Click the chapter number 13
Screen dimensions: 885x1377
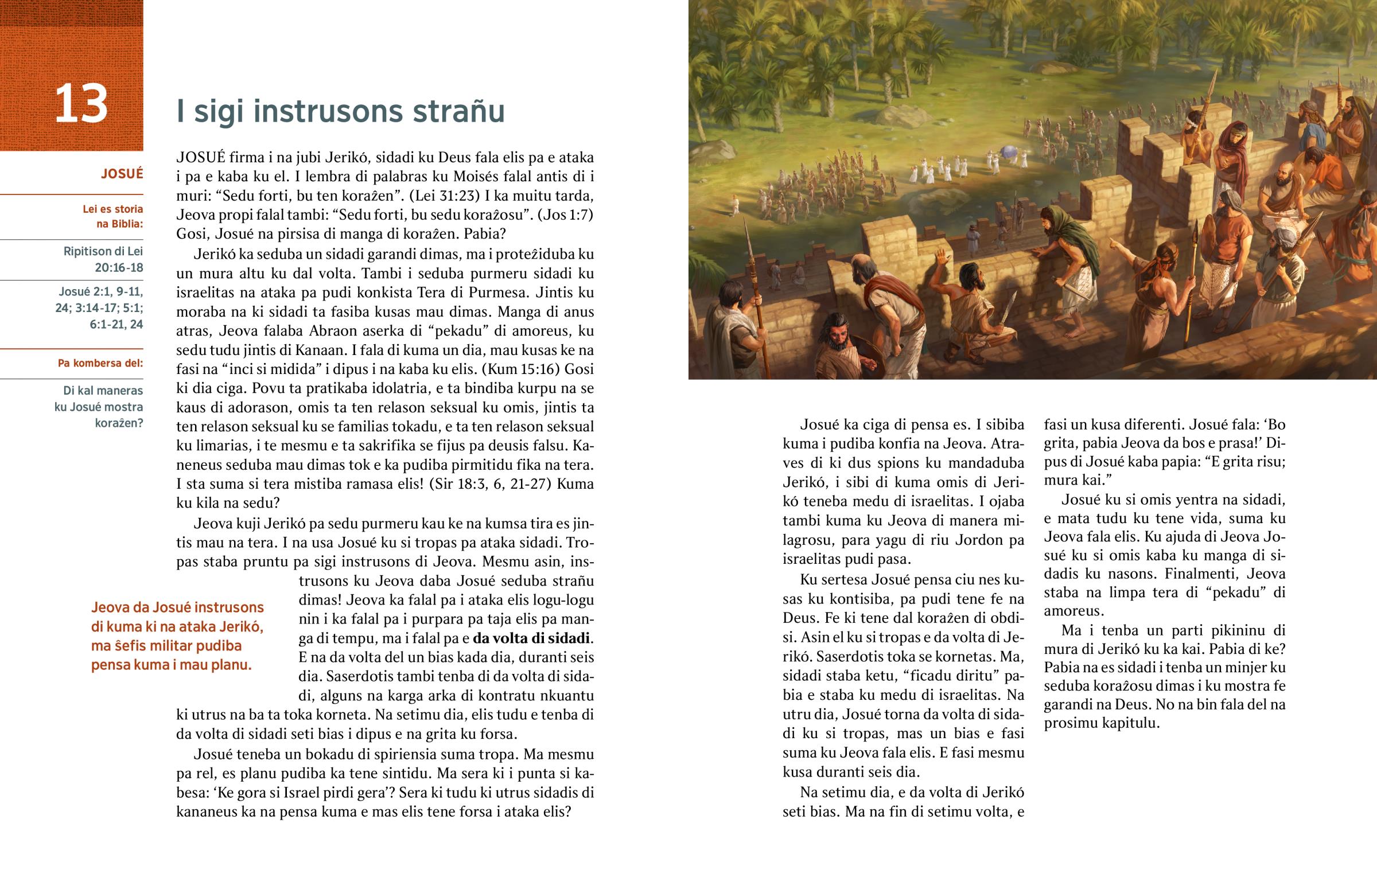[81, 104]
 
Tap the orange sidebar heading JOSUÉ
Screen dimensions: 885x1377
[122, 174]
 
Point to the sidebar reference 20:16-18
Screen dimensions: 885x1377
[119, 268]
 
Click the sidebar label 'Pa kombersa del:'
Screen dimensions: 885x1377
[100, 363]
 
